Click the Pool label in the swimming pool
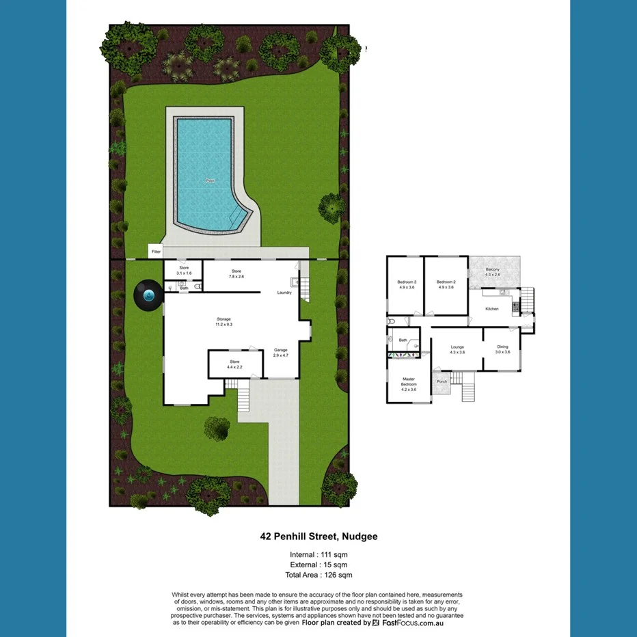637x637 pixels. (x=210, y=181)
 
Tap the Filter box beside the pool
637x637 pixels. (x=157, y=252)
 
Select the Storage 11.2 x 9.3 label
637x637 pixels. (x=223, y=322)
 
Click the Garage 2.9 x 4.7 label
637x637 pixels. (x=281, y=353)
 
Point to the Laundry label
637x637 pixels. (x=284, y=293)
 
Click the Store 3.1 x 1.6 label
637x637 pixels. (x=184, y=270)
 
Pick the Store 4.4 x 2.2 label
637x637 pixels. (x=234, y=364)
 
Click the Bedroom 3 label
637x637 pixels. (x=407, y=284)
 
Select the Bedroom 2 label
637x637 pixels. (x=446, y=284)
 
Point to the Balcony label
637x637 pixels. (x=492, y=272)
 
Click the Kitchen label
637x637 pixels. (x=492, y=309)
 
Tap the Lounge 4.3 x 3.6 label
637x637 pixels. (x=457, y=349)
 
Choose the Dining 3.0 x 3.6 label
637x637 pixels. (x=502, y=349)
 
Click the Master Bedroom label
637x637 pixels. (x=409, y=384)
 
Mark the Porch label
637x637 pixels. (x=442, y=381)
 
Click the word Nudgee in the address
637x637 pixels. (x=359, y=537)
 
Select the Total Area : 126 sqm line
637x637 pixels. (x=318, y=575)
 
